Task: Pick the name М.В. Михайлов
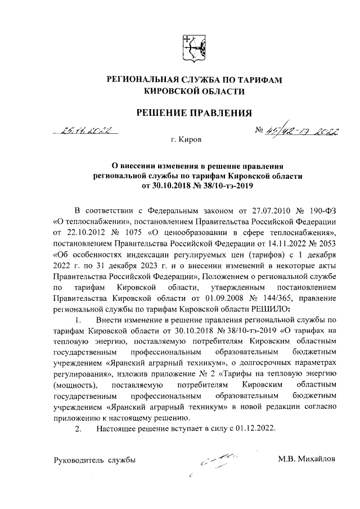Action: coord(307,460)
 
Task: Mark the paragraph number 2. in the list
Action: coord(79,429)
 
